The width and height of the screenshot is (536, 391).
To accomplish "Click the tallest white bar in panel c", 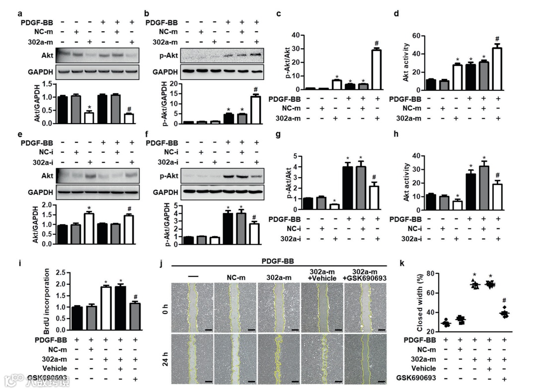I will [377, 69].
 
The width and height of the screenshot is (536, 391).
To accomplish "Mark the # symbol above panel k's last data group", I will [504, 301].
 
